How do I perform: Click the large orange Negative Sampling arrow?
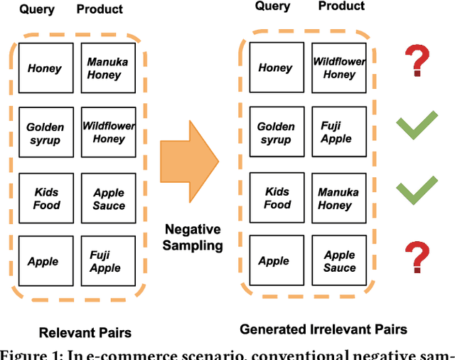(187, 162)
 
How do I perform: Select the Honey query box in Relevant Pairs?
(45, 68)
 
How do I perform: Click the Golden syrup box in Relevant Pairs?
(45, 133)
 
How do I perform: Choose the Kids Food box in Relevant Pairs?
(45, 198)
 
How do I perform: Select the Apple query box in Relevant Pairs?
(45, 263)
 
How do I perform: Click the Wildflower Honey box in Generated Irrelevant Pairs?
(339, 68)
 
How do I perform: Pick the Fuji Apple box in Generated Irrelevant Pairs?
(339, 132)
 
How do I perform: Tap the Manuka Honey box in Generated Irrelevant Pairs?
(339, 197)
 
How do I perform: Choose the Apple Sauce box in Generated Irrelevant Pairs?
(339, 261)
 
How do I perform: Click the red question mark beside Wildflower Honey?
(417, 62)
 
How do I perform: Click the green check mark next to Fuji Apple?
(416, 127)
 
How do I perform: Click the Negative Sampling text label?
(193, 237)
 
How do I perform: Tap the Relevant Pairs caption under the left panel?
(85, 332)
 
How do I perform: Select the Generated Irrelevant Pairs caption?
(323, 329)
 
